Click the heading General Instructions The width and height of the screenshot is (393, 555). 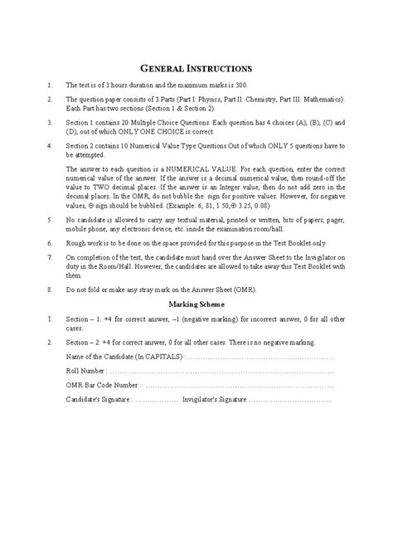coord(196,67)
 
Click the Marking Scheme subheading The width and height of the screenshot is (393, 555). coord(196,304)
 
